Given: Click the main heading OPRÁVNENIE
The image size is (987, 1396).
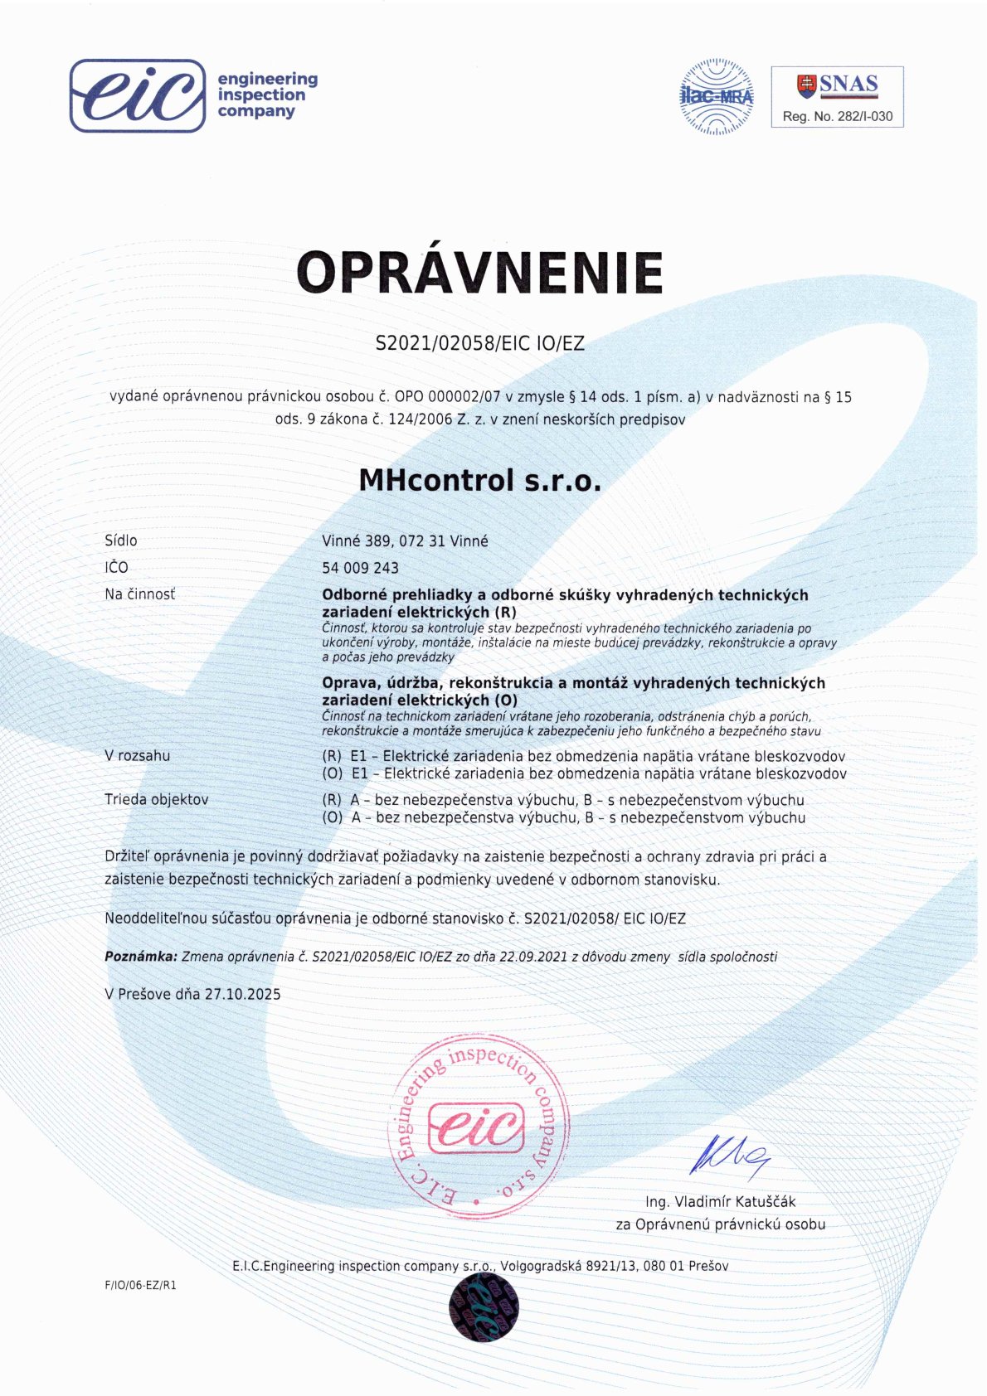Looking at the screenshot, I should click(480, 272).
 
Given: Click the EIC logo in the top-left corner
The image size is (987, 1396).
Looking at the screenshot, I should click(138, 95).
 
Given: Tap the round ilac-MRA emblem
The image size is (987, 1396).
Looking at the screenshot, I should click(717, 96).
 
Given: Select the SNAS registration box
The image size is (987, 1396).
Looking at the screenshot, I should click(837, 97).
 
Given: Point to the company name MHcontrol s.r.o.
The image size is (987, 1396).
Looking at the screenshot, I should click(479, 480).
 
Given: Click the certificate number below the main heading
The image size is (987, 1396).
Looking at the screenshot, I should click(480, 343).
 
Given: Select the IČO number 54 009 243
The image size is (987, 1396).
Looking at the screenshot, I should click(360, 568).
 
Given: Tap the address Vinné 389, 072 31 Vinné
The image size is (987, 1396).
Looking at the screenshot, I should click(405, 541).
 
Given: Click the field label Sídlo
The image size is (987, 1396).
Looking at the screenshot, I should click(121, 540).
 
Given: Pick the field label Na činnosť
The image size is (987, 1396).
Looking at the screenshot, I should click(139, 594).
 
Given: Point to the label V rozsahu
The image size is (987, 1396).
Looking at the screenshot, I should click(137, 756).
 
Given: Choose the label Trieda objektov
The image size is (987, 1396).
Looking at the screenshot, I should click(156, 800).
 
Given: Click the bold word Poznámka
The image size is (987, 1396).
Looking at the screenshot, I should click(140, 957).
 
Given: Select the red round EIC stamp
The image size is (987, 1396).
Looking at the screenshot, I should click(479, 1127).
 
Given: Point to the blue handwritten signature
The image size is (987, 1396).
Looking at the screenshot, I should click(730, 1153).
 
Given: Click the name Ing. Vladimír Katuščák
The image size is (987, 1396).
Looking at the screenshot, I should click(720, 1202).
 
